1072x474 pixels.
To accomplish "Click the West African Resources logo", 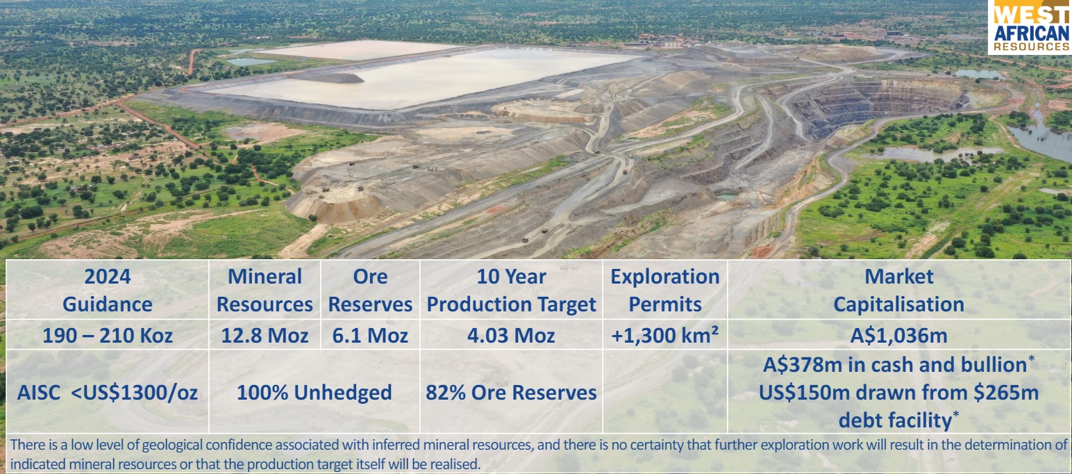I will [1031, 26].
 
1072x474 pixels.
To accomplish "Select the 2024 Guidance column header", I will [107, 291].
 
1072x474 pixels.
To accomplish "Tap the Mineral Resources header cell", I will [265, 291].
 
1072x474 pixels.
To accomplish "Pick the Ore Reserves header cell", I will [370, 291].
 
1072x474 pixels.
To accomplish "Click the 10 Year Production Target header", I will [511, 291].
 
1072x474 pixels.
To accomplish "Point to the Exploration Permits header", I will [664, 291].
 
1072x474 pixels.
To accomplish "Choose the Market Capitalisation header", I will [898, 291].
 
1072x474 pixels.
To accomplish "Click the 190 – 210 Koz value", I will [107, 336].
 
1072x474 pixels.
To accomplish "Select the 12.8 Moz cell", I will [265, 336].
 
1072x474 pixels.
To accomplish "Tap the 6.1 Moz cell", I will [370, 336].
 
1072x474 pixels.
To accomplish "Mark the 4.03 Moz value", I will [511, 336].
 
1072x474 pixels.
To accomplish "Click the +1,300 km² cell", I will [664, 336].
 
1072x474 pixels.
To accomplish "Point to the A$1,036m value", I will [898, 336].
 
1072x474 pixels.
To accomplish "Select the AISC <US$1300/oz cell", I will [107, 393].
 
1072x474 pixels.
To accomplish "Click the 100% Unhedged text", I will [314, 393].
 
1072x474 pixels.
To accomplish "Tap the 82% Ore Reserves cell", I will [511, 393].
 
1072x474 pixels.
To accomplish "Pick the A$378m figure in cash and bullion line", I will [792, 365].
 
